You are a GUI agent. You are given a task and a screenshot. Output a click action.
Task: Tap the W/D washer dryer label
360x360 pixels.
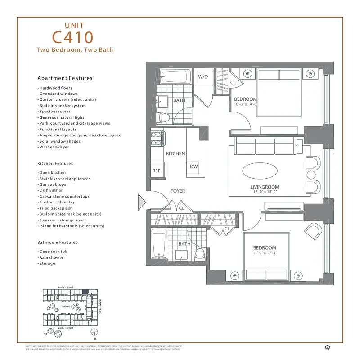coord(203,77)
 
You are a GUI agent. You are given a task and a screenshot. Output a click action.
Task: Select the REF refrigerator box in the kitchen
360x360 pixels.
coord(156,171)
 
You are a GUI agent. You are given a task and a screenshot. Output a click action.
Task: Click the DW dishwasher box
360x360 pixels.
coord(194,167)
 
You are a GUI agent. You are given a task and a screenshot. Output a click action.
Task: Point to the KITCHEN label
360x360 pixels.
coord(175,154)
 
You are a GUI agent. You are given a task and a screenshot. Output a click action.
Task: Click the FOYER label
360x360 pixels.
coord(178,191)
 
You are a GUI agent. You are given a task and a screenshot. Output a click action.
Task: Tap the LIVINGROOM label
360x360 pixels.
coord(265,187)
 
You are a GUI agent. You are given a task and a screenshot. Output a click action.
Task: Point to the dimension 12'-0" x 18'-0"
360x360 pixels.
coord(265,193)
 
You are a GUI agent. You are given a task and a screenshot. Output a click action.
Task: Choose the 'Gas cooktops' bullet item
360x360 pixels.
coord(52,184)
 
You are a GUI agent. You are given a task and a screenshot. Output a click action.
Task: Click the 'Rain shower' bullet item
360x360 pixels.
coord(51,257)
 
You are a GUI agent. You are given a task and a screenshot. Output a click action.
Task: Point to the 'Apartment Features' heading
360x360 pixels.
coord(65,78)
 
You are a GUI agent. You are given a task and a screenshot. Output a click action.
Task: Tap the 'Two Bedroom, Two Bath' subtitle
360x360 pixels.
coord(75,50)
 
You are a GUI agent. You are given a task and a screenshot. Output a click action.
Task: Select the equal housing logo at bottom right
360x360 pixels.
coord(327,346)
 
